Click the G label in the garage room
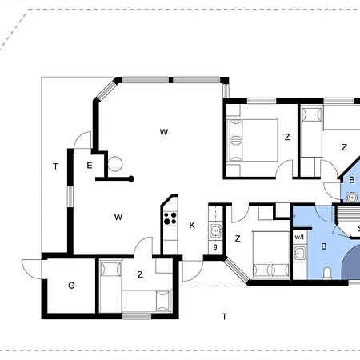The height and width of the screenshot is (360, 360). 71,286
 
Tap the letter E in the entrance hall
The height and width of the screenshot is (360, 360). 90,166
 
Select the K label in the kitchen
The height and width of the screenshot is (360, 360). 192,226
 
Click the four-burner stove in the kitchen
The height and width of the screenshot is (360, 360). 170,218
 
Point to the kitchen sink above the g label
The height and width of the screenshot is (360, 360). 215,231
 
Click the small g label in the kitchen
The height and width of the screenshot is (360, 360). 215,246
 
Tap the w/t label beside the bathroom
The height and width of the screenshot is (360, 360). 299,237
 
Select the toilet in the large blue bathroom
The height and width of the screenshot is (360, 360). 327,274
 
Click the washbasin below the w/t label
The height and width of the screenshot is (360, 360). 300,253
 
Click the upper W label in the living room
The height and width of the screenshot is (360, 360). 164,132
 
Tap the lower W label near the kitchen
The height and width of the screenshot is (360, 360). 118,217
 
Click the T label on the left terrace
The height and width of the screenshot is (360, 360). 55,166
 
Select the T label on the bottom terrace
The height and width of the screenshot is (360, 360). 225,317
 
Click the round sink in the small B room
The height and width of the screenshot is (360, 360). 352,198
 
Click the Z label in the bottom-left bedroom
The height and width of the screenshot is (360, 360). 140,274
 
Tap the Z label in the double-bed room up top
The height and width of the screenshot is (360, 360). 287,137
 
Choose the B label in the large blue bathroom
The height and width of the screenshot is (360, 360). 324,246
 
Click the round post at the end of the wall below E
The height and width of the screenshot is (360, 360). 131,179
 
